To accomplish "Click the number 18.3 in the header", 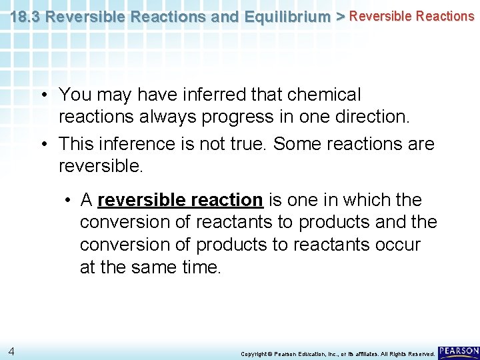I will [26, 16].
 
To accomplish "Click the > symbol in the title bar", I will [340, 16].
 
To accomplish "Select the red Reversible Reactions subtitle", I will [411, 16].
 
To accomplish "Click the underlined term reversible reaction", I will [180, 200].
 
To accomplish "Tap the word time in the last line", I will [199, 267].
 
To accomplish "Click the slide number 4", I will [11, 351].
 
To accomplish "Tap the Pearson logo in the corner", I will [459, 351].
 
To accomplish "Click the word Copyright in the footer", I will [254, 353].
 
